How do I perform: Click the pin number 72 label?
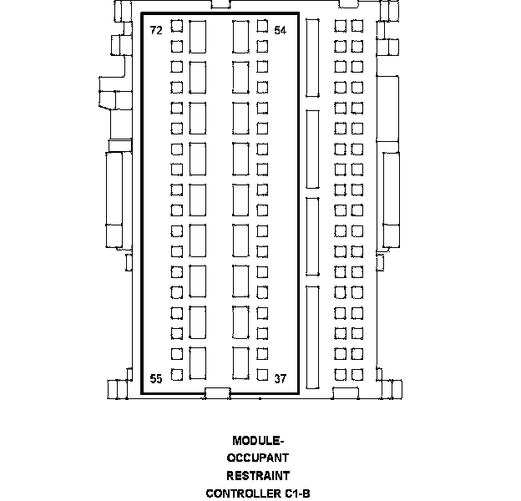tap(156, 30)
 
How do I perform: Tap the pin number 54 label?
tap(280, 30)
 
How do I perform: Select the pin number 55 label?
tap(156, 379)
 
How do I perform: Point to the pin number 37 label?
tap(280, 379)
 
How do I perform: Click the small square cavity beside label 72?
tap(177, 26)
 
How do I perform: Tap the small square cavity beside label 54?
tap(262, 26)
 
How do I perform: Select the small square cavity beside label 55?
tap(177, 375)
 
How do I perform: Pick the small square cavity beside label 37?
tap(262, 375)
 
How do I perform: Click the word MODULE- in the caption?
tap(258, 441)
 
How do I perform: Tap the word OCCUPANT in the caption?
tap(258, 458)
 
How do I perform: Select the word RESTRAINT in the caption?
tap(258, 476)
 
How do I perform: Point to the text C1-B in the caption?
tap(297, 493)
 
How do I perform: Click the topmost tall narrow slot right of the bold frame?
tap(312, 58)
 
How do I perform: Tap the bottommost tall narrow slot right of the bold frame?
tap(312, 337)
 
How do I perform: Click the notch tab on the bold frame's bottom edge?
tap(218, 393)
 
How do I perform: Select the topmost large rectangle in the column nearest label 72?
tap(198, 37)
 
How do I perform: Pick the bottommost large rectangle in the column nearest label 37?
tap(241, 363)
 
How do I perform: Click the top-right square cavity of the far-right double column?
tap(357, 26)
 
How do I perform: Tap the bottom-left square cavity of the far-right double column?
tap(341, 375)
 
